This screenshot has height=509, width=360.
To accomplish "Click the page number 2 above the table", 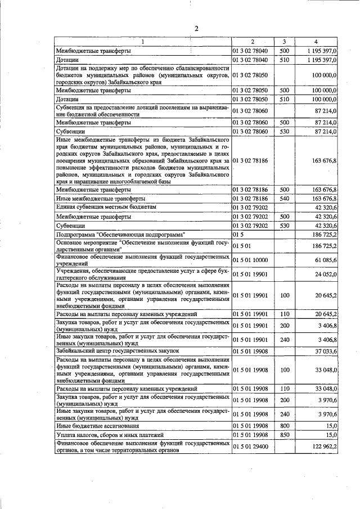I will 196,29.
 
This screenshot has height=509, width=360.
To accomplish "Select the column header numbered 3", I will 284,42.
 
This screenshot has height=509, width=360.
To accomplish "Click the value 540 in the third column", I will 284,199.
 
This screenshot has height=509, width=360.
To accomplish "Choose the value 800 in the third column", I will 284,426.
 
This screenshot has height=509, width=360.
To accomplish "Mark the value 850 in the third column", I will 284,435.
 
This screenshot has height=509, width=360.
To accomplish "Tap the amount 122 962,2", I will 323,448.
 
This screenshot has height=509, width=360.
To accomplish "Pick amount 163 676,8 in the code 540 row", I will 323,199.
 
